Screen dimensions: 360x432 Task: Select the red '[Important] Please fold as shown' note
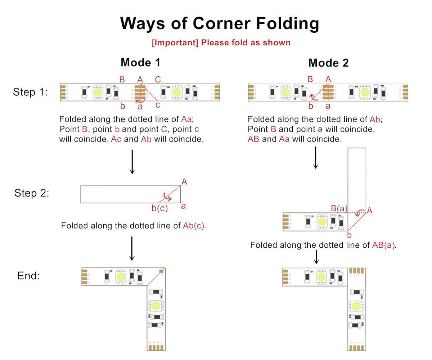click(x=221, y=42)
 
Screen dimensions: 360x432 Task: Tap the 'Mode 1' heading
click(x=140, y=63)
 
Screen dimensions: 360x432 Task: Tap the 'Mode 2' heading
click(x=328, y=63)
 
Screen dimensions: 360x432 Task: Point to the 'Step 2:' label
click(x=32, y=193)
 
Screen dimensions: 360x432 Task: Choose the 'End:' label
click(x=28, y=276)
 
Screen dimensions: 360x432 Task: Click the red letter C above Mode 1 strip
click(x=158, y=80)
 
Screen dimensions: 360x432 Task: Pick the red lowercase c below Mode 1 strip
click(x=158, y=105)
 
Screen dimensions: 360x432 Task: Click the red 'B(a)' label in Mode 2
click(x=339, y=208)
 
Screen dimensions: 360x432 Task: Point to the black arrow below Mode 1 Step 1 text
click(x=132, y=162)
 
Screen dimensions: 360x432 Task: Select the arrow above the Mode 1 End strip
click(x=132, y=248)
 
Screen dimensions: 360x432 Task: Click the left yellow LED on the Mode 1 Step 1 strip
click(x=98, y=92)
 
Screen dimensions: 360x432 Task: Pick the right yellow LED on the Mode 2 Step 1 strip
click(x=365, y=92)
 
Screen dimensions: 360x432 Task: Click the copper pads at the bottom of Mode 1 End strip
click(x=156, y=347)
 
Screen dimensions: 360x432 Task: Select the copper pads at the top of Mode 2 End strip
click(x=356, y=271)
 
